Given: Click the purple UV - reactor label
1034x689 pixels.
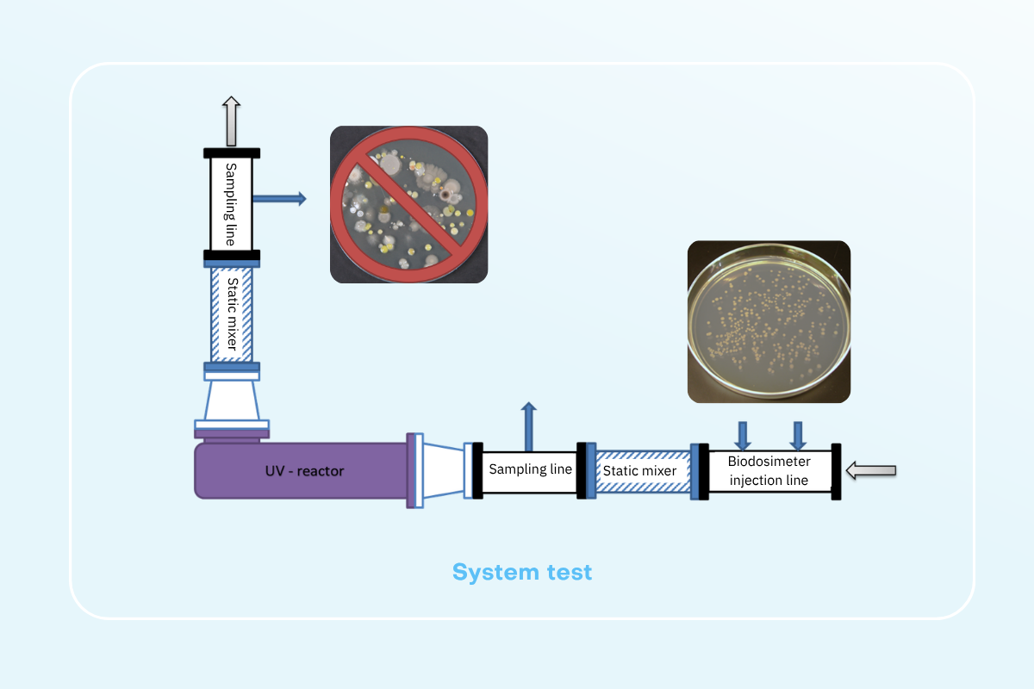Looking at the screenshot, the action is click(x=305, y=471).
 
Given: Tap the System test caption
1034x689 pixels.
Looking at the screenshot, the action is click(x=522, y=572).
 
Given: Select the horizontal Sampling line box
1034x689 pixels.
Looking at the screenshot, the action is click(x=530, y=472).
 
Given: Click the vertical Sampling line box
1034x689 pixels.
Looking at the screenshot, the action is click(x=231, y=204).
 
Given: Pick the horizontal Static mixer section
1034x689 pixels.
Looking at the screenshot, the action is click(x=643, y=471).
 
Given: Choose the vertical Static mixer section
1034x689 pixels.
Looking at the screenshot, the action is click(x=231, y=314).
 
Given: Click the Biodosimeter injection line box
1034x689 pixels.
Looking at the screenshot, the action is click(x=769, y=471).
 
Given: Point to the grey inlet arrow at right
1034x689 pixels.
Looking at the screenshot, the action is click(x=871, y=470).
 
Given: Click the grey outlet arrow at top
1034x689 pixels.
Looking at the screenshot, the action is click(x=231, y=121).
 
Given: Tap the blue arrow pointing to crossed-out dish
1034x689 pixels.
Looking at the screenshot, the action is click(x=280, y=199).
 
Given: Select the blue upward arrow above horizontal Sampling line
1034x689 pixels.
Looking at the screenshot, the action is click(x=529, y=426).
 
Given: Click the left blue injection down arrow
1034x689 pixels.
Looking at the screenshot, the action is click(x=742, y=436).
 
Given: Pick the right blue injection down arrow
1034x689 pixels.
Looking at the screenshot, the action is click(x=798, y=436).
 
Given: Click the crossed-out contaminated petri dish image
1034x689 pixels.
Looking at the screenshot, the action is click(x=409, y=204).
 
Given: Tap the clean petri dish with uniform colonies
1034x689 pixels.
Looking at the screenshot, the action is click(x=769, y=321).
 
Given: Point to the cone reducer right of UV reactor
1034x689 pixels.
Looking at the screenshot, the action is click(x=444, y=471).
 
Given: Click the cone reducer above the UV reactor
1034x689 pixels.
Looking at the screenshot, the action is click(x=232, y=400).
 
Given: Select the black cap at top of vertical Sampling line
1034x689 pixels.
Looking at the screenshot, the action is click(x=232, y=153).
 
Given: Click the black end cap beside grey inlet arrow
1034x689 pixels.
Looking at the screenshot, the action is click(x=836, y=472).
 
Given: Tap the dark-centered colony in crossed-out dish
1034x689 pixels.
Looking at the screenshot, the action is click(x=445, y=196).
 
